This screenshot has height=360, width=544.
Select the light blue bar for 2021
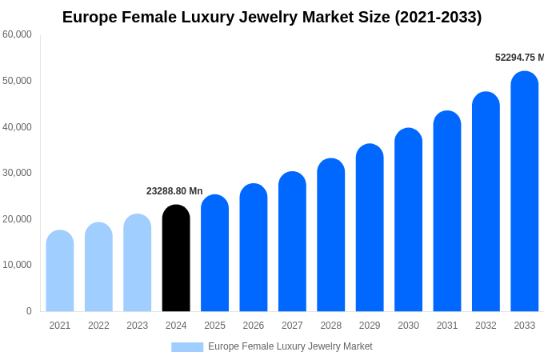point(60,271)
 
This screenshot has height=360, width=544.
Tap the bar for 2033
point(525,192)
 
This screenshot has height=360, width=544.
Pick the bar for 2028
point(331,235)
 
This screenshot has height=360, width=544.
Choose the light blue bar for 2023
point(138,263)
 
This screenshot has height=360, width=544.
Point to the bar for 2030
point(408,220)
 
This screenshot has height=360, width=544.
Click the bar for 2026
point(254,248)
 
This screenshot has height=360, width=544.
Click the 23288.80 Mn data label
point(174,191)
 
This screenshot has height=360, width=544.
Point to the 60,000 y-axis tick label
point(17,34)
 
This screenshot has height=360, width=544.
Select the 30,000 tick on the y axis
point(17,173)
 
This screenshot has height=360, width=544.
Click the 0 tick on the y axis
point(29,311)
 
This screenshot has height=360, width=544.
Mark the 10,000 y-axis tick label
point(17,265)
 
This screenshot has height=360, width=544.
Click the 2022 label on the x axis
point(98,326)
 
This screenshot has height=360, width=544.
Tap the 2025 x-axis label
point(214,326)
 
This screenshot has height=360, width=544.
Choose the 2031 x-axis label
point(447,326)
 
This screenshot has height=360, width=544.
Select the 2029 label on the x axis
point(370,326)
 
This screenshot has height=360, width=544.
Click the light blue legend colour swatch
point(187,347)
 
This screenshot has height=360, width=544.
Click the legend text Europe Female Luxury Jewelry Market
point(290,346)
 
